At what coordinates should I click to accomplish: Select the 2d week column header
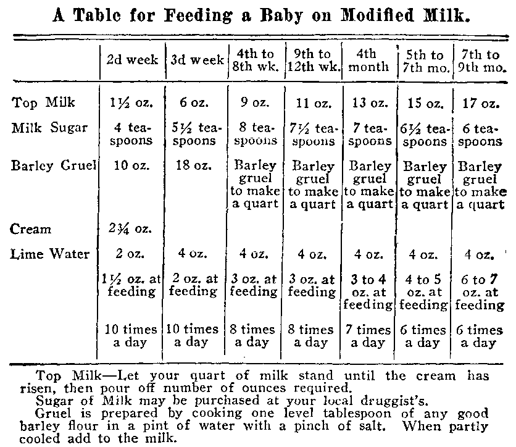[x=132, y=61]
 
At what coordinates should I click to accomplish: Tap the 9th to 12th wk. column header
[x=312, y=61]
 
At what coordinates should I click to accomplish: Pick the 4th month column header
[x=368, y=61]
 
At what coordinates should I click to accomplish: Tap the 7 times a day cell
[x=368, y=336]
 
